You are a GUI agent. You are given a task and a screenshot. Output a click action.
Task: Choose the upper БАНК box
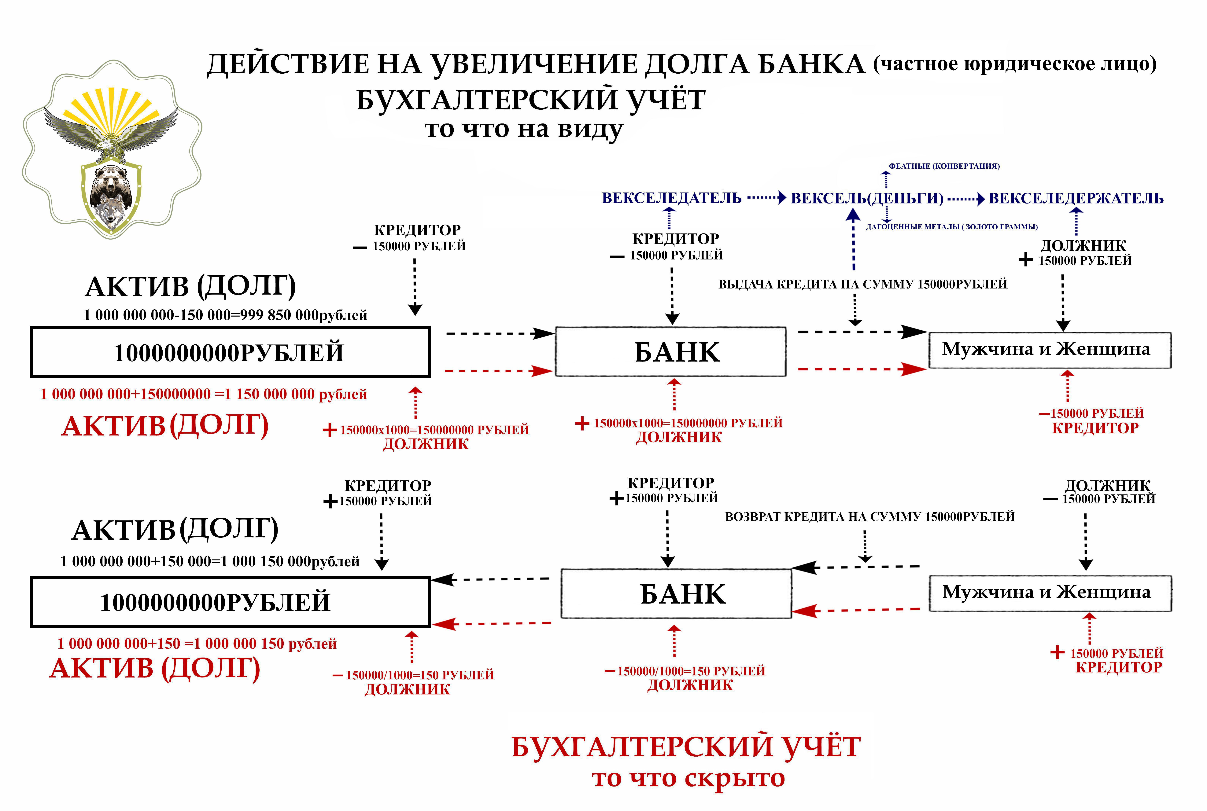(x=670, y=352)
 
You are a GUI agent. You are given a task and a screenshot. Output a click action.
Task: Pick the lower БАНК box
(x=676, y=594)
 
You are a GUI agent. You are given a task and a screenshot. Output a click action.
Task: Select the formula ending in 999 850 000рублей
(x=226, y=315)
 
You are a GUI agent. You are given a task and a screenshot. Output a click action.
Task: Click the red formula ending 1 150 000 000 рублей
(x=203, y=394)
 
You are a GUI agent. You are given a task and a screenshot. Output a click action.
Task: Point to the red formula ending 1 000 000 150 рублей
(x=197, y=644)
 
